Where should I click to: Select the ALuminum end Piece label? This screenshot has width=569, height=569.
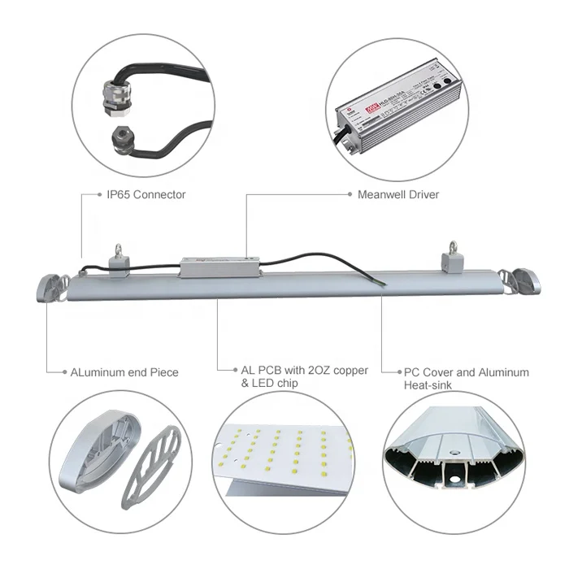(x=124, y=372)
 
